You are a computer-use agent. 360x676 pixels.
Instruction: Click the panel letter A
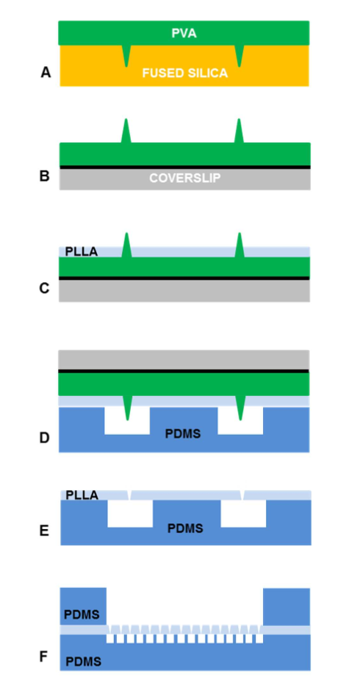pos(46,73)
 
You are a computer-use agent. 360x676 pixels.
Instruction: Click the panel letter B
pos(44,176)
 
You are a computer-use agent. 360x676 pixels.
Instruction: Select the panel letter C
pos(44,288)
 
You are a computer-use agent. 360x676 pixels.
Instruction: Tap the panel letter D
pos(44,438)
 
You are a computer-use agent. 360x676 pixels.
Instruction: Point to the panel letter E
pos(44,531)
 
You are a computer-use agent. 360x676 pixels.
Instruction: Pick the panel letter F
pos(43,657)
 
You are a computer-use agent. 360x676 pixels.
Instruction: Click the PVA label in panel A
pos(184,33)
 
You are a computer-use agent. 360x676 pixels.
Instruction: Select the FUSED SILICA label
pos(185,73)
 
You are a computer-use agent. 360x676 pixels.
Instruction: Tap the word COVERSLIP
pos(185,178)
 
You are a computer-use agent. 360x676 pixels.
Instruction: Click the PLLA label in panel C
pos(82,252)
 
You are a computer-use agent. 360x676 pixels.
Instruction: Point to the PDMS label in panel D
pos(183,434)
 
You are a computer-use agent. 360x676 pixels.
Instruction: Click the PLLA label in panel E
pos(82,496)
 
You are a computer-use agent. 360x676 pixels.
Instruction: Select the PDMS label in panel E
pos(185,528)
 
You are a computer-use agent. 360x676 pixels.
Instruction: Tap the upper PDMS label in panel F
pos(82,614)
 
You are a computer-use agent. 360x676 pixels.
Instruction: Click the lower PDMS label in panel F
pos(84,661)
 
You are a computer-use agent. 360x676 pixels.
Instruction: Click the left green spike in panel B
pos(126,131)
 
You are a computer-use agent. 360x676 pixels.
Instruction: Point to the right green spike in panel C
pos(240,245)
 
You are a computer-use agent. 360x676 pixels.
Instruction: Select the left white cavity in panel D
pos(127,420)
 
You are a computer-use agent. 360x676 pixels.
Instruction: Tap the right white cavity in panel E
pos(243,514)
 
